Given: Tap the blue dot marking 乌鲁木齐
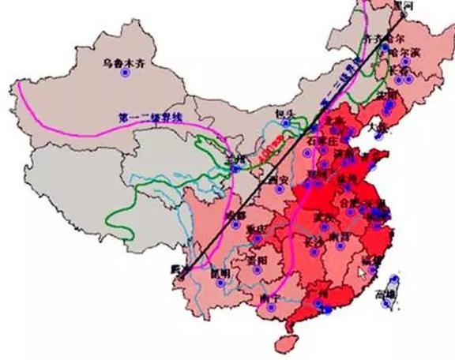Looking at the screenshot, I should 124,73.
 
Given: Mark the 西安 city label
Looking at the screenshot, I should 276,180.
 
